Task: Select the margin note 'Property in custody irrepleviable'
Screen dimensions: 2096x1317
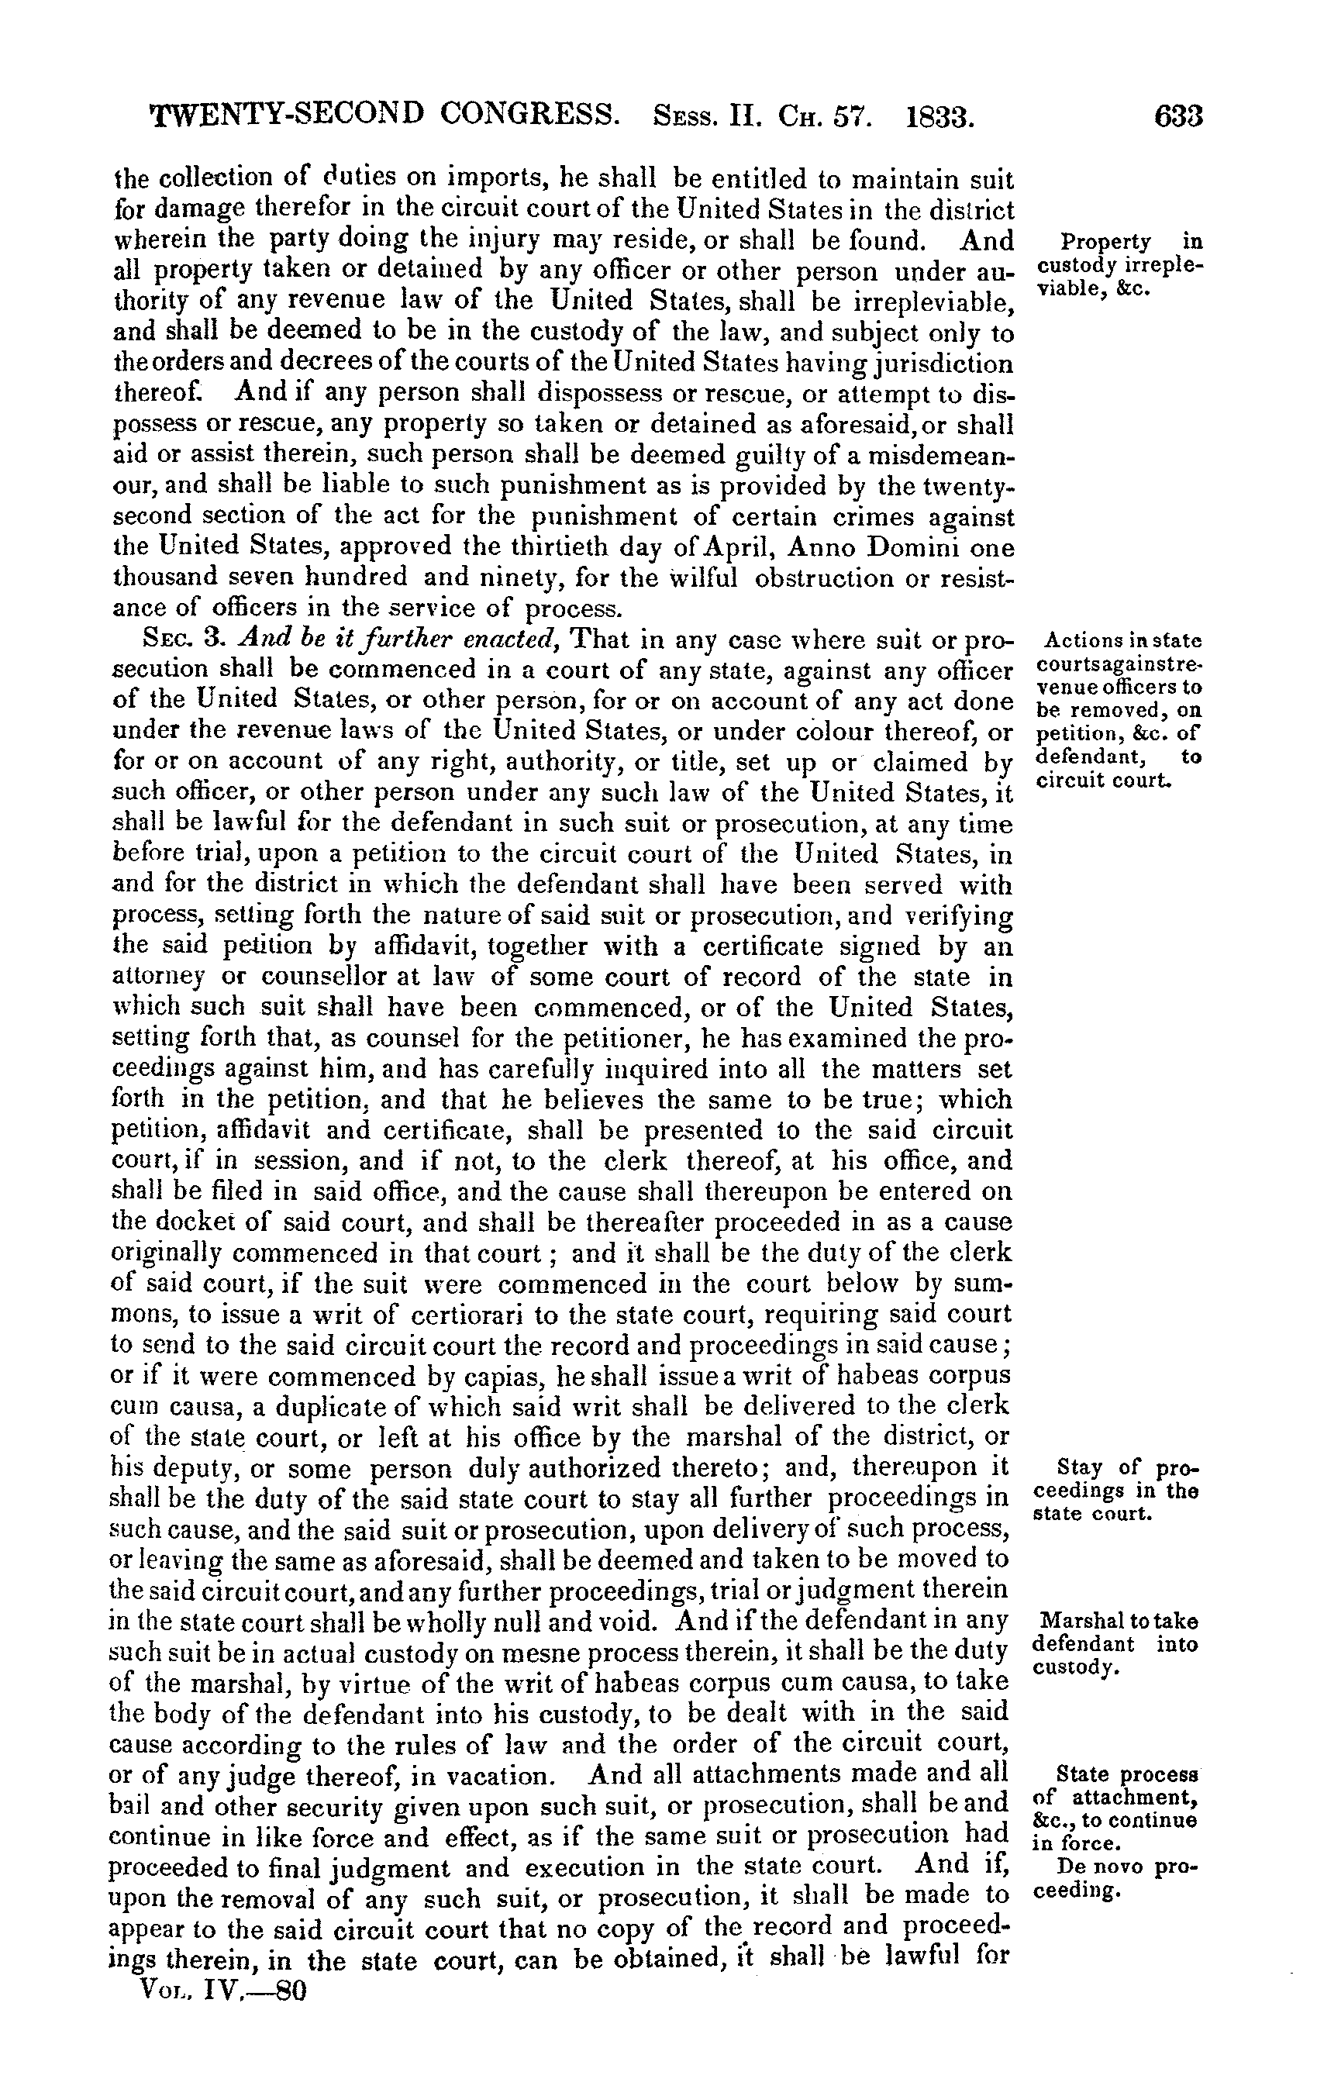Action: point(1117,264)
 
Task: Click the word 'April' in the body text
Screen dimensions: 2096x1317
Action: point(764,547)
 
